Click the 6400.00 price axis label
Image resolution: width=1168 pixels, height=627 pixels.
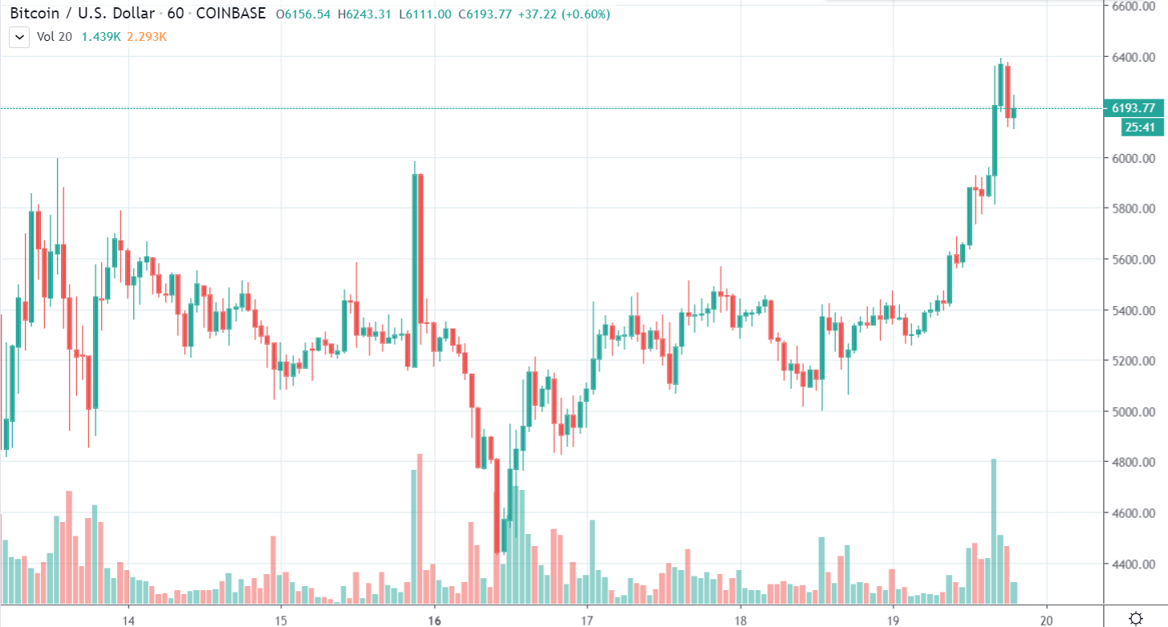click(1133, 57)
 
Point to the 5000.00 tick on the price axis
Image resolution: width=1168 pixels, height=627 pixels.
click(1133, 412)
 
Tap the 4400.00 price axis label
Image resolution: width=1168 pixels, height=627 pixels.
click(1133, 564)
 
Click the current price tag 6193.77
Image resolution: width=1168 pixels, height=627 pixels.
click(1134, 108)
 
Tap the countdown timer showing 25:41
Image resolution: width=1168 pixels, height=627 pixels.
click(1139, 127)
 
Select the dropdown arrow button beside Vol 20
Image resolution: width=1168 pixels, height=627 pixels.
click(19, 37)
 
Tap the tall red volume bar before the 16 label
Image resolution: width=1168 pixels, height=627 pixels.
click(420, 528)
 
